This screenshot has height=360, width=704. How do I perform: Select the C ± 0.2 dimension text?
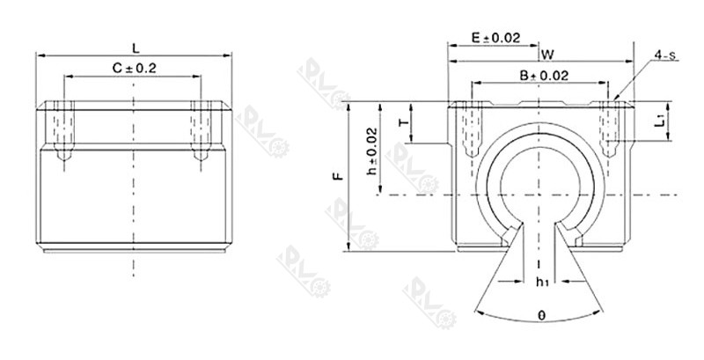134,68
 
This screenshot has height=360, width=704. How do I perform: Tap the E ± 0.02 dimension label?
496,38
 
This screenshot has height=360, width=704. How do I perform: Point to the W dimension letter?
547,54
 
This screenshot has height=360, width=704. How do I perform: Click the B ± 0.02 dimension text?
543,76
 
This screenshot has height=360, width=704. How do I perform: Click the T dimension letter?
404,123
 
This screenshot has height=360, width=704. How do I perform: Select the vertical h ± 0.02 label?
372,150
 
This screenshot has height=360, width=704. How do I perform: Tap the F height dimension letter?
336,177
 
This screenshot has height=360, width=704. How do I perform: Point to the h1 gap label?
542,282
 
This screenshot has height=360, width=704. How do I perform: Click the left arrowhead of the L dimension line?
39,55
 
